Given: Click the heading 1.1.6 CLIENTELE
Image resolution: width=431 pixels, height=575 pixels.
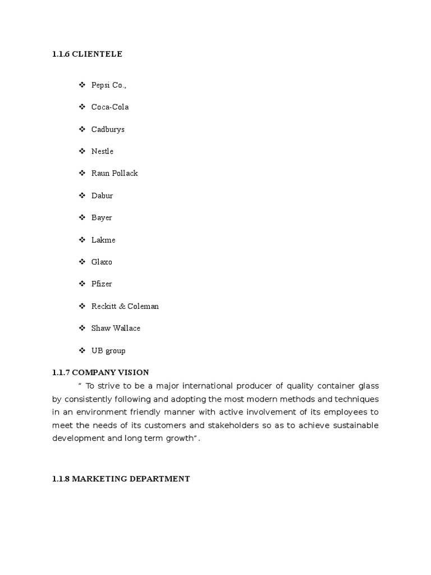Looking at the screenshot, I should pyautogui.click(x=87, y=54).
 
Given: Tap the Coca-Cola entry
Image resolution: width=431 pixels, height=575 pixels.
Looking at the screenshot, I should pyautogui.click(x=110, y=107).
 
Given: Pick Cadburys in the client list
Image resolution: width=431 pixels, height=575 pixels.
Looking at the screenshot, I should pyautogui.click(x=108, y=130).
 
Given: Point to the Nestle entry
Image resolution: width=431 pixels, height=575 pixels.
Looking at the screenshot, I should pyautogui.click(x=102, y=152).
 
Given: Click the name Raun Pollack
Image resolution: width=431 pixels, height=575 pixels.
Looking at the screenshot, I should pyautogui.click(x=114, y=174).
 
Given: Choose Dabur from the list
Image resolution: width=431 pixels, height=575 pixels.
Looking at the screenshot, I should pyautogui.click(x=102, y=196).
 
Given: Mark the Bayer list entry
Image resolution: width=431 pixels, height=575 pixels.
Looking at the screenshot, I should pyautogui.click(x=102, y=218).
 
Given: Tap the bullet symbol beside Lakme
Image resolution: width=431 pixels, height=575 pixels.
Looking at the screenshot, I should pyautogui.click(x=82, y=240).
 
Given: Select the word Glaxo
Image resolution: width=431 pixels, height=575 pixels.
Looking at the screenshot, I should pyautogui.click(x=102, y=262).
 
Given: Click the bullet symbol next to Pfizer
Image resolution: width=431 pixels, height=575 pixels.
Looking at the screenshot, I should pyautogui.click(x=82, y=284).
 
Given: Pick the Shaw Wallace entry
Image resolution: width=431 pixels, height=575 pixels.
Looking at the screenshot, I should pyautogui.click(x=116, y=328).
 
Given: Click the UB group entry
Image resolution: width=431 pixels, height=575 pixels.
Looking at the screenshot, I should pyautogui.click(x=108, y=351).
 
